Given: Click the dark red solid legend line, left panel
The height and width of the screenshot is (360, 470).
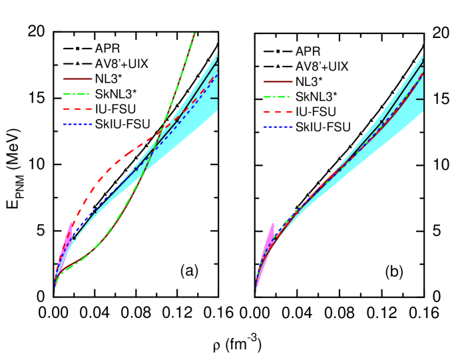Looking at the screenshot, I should (77, 79).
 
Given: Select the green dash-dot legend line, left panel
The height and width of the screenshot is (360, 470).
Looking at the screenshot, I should (77, 94).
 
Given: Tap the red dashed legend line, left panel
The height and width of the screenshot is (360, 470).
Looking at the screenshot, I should (77, 108).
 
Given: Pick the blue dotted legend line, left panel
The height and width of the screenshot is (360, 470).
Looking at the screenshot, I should (77, 124).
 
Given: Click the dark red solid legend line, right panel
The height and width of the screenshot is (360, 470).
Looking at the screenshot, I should (278, 82).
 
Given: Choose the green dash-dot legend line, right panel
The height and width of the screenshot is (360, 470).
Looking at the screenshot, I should (278, 97).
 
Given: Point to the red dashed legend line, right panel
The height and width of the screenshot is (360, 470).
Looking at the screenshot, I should (278, 112).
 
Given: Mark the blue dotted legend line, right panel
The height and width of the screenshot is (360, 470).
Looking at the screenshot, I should (278, 127).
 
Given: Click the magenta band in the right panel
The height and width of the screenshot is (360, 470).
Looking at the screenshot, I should (269, 238).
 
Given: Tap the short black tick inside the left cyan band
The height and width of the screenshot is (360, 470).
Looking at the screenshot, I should (214, 98).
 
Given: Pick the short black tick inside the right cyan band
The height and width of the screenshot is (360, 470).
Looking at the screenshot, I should (420, 98).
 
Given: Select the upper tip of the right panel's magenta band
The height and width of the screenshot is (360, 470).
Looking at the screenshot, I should (273, 224).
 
